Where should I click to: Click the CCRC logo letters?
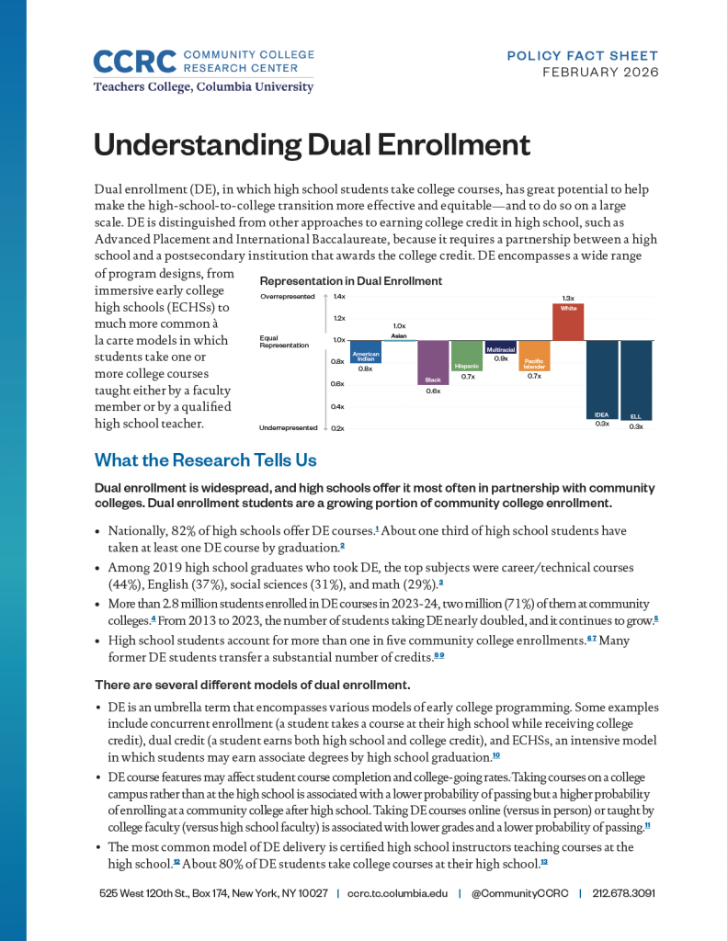(x=135, y=62)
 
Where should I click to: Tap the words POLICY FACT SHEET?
(x=583, y=56)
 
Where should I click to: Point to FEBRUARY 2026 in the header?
(x=600, y=73)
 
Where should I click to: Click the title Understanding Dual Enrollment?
(x=313, y=145)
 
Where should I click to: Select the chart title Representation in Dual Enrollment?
(x=350, y=281)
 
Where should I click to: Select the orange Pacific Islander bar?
(x=534, y=355)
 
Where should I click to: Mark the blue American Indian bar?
(x=366, y=351)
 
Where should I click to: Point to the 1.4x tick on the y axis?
(x=339, y=297)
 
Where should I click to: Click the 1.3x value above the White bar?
(x=568, y=298)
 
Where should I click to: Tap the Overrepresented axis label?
(x=287, y=297)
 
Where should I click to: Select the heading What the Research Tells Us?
(x=206, y=459)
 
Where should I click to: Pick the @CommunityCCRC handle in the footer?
(x=518, y=893)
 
